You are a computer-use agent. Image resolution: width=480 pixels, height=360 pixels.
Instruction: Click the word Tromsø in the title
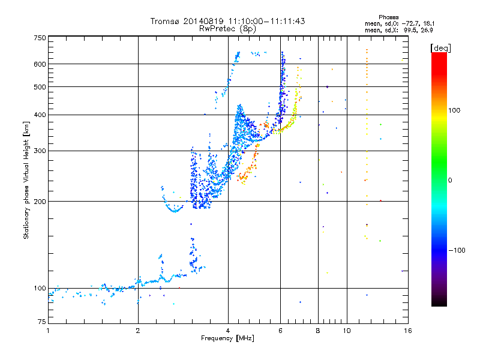point(165,21)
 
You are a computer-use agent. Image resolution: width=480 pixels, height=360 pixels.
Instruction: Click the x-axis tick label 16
point(407,331)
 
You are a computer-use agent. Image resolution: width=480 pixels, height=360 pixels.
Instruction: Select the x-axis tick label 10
point(346,331)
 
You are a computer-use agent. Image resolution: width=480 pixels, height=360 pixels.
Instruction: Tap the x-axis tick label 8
point(318,331)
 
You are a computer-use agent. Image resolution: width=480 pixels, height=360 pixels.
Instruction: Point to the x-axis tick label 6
point(280,331)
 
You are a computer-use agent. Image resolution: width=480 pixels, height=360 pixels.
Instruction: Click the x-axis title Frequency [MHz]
point(228,339)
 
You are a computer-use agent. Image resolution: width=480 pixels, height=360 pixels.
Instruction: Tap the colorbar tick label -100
point(457,250)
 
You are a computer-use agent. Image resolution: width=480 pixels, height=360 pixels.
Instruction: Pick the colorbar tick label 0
point(451,181)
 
